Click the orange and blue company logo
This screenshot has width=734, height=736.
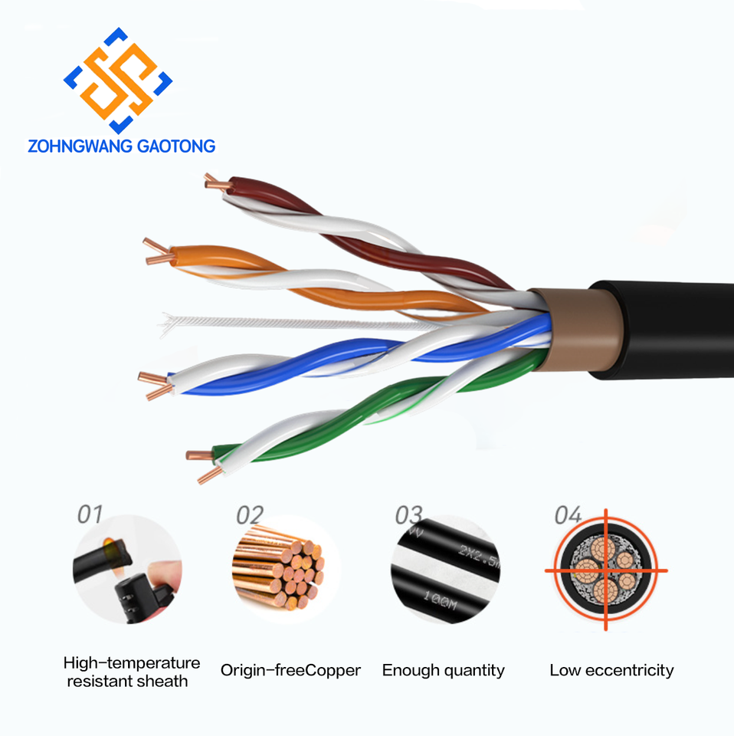click(117, 80)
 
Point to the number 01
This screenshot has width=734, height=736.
click(90, 514)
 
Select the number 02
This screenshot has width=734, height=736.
click(249, 515)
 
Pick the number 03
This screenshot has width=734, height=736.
click(408, 514)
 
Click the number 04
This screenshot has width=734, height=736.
click(568, 515)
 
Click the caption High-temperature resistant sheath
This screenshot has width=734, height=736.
click(131, 672)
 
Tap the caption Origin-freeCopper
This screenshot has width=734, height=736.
click(290, 671)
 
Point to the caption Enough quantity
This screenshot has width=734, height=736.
click(443, 671)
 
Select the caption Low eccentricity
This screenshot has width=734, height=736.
click(611, 671)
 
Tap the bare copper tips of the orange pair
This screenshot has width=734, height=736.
click(156, 252)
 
